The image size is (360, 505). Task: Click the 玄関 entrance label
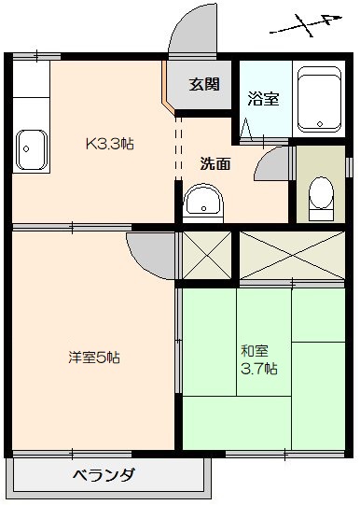204,84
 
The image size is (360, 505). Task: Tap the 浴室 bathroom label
263,99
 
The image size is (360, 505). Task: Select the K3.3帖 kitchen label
110,144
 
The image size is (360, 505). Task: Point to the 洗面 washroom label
215,163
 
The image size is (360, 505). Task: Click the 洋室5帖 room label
94,358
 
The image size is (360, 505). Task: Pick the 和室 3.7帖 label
259,359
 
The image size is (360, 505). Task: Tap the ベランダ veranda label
104,475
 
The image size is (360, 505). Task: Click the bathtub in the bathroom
319,100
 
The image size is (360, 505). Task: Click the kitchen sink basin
32,149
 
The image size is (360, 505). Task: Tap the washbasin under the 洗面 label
203,202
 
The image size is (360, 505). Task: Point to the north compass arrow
306,25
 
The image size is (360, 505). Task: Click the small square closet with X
207,256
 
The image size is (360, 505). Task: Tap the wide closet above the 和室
292,255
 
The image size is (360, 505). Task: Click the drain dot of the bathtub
320,123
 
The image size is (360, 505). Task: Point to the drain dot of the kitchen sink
26,149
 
